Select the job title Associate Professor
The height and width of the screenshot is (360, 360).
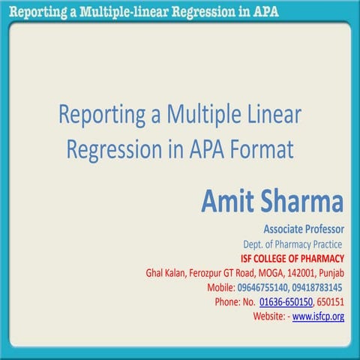(x=303, y=229)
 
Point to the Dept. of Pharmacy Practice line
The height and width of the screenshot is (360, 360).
(x=292, y=244)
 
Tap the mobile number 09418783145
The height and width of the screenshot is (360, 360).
(x=316, y=287)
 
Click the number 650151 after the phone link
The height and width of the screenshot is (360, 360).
(x=330, y=301)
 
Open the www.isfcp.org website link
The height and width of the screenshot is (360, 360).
(x=318, y=316)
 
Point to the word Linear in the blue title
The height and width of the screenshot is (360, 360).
(x=265, y=115)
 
